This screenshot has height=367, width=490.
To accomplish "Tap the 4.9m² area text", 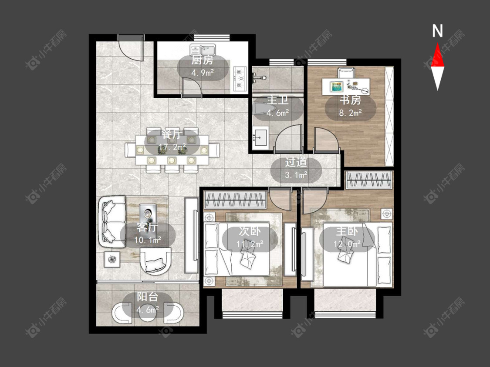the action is (203, 73).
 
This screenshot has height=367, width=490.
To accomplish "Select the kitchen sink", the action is (203, 49).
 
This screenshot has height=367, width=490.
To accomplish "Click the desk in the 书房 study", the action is (346, 87).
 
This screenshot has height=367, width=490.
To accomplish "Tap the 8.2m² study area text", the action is (350, 113).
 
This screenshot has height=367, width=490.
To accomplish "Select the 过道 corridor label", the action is (296, 162).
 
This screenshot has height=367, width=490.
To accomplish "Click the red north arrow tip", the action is (437, 43).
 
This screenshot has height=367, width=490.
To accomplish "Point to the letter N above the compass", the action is (437, 31).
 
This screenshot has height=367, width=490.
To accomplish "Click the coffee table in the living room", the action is (148, 214).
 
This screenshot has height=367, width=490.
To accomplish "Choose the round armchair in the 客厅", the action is (155, 260).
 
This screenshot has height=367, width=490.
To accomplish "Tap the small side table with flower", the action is (112, 259).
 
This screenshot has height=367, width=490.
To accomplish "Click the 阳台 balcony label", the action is (148, 297).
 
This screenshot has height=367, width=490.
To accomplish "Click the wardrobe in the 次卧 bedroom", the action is (235, 200).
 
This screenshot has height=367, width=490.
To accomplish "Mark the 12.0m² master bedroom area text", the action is (347, 244).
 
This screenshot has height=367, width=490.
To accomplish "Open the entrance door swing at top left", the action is (131, 48).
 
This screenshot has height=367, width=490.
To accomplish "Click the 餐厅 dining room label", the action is (172, 134).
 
